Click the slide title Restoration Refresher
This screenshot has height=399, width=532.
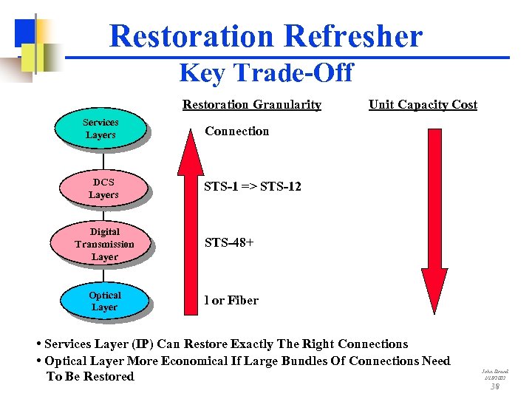(266, 35)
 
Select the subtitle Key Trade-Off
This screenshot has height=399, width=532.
(266, 73)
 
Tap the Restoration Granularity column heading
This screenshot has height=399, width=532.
(251, 105)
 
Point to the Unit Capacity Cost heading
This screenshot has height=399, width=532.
(423, 105)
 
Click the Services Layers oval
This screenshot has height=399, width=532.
(100, 129)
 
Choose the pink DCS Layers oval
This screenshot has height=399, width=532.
(103, 188)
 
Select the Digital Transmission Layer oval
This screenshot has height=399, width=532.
(104, 244)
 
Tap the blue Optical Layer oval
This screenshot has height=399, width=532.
(104, 301)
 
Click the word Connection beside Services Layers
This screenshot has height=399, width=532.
(236, 132)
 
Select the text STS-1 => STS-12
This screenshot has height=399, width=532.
(253, 187)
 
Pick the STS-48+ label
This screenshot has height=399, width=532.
(229, 242)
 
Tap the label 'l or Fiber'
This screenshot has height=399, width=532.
(231, 301)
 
